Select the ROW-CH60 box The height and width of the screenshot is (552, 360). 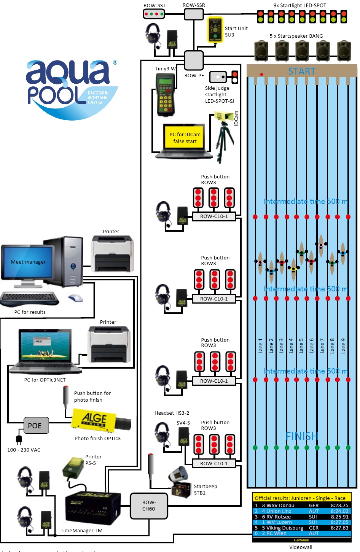click(149, 506)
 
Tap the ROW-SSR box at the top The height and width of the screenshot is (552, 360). click(194, 14)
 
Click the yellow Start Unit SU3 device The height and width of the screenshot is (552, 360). click(215, 30)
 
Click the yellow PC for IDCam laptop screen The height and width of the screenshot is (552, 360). click(185, 137)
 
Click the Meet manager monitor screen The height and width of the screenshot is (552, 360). click(28, 262)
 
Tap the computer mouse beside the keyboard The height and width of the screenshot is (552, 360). click(75, 298)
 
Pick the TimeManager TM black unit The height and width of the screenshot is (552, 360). click(93, 508)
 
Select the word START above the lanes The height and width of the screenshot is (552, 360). click(302, 71)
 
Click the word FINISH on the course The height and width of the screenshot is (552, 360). click(302, 436)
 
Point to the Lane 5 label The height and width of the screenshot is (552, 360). click(301, 346)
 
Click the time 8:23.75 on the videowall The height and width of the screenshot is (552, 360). click(339, 506)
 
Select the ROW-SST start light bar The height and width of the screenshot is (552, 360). click(154, 14)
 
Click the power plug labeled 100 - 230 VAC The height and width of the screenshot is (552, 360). click(19, 440)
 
